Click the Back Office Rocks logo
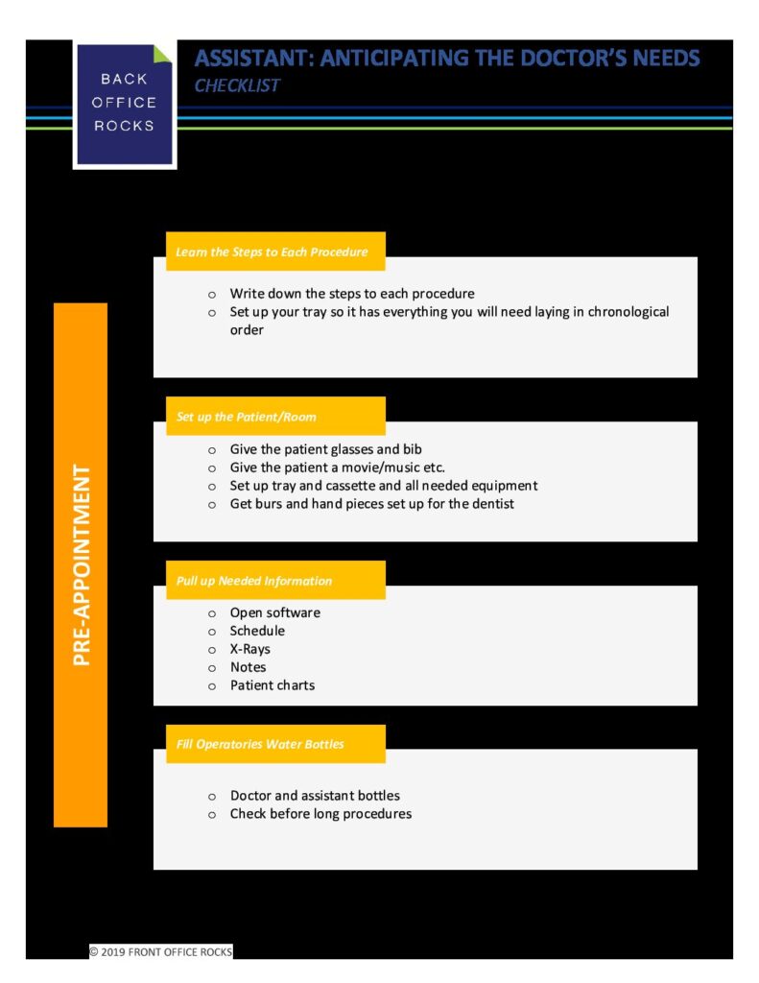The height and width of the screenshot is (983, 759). click(124, 104)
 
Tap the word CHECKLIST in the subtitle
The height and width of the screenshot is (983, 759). click(237, 85)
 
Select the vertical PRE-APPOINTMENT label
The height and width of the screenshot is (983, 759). click(82, 564)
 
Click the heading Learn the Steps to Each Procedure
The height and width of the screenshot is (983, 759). click(272, 252)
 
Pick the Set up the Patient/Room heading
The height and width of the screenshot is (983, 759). click(247, 417)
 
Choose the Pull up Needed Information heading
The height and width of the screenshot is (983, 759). click(254, 581)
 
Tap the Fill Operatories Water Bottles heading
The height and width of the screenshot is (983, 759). click(260, 744)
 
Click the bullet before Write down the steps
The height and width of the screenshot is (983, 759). click(212, 295)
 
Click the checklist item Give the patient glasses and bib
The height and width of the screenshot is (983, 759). click(325, 449)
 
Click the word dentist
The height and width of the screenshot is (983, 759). click(493, 503)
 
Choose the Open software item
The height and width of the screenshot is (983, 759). click(274, 612)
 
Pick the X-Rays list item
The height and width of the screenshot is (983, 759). click(250, 649)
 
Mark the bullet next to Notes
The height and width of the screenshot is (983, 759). click(212, 668)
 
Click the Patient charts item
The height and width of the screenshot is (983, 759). click(272, 685)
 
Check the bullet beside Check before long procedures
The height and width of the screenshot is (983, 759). click(212, 815)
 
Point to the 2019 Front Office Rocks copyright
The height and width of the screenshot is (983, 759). click(161, 951)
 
